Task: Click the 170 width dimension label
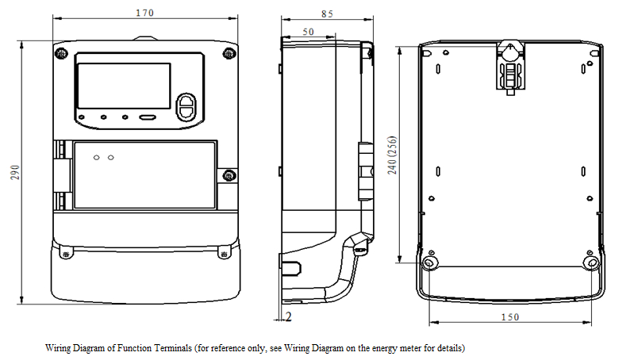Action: point(144,13)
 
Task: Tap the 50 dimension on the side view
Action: point(309,31)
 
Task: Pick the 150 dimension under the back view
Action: point(510,317)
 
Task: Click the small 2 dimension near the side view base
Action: point(289,316)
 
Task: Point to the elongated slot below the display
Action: point(148,118)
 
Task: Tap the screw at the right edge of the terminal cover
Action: point(228,175)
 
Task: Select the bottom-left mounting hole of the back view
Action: point(429,261)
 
